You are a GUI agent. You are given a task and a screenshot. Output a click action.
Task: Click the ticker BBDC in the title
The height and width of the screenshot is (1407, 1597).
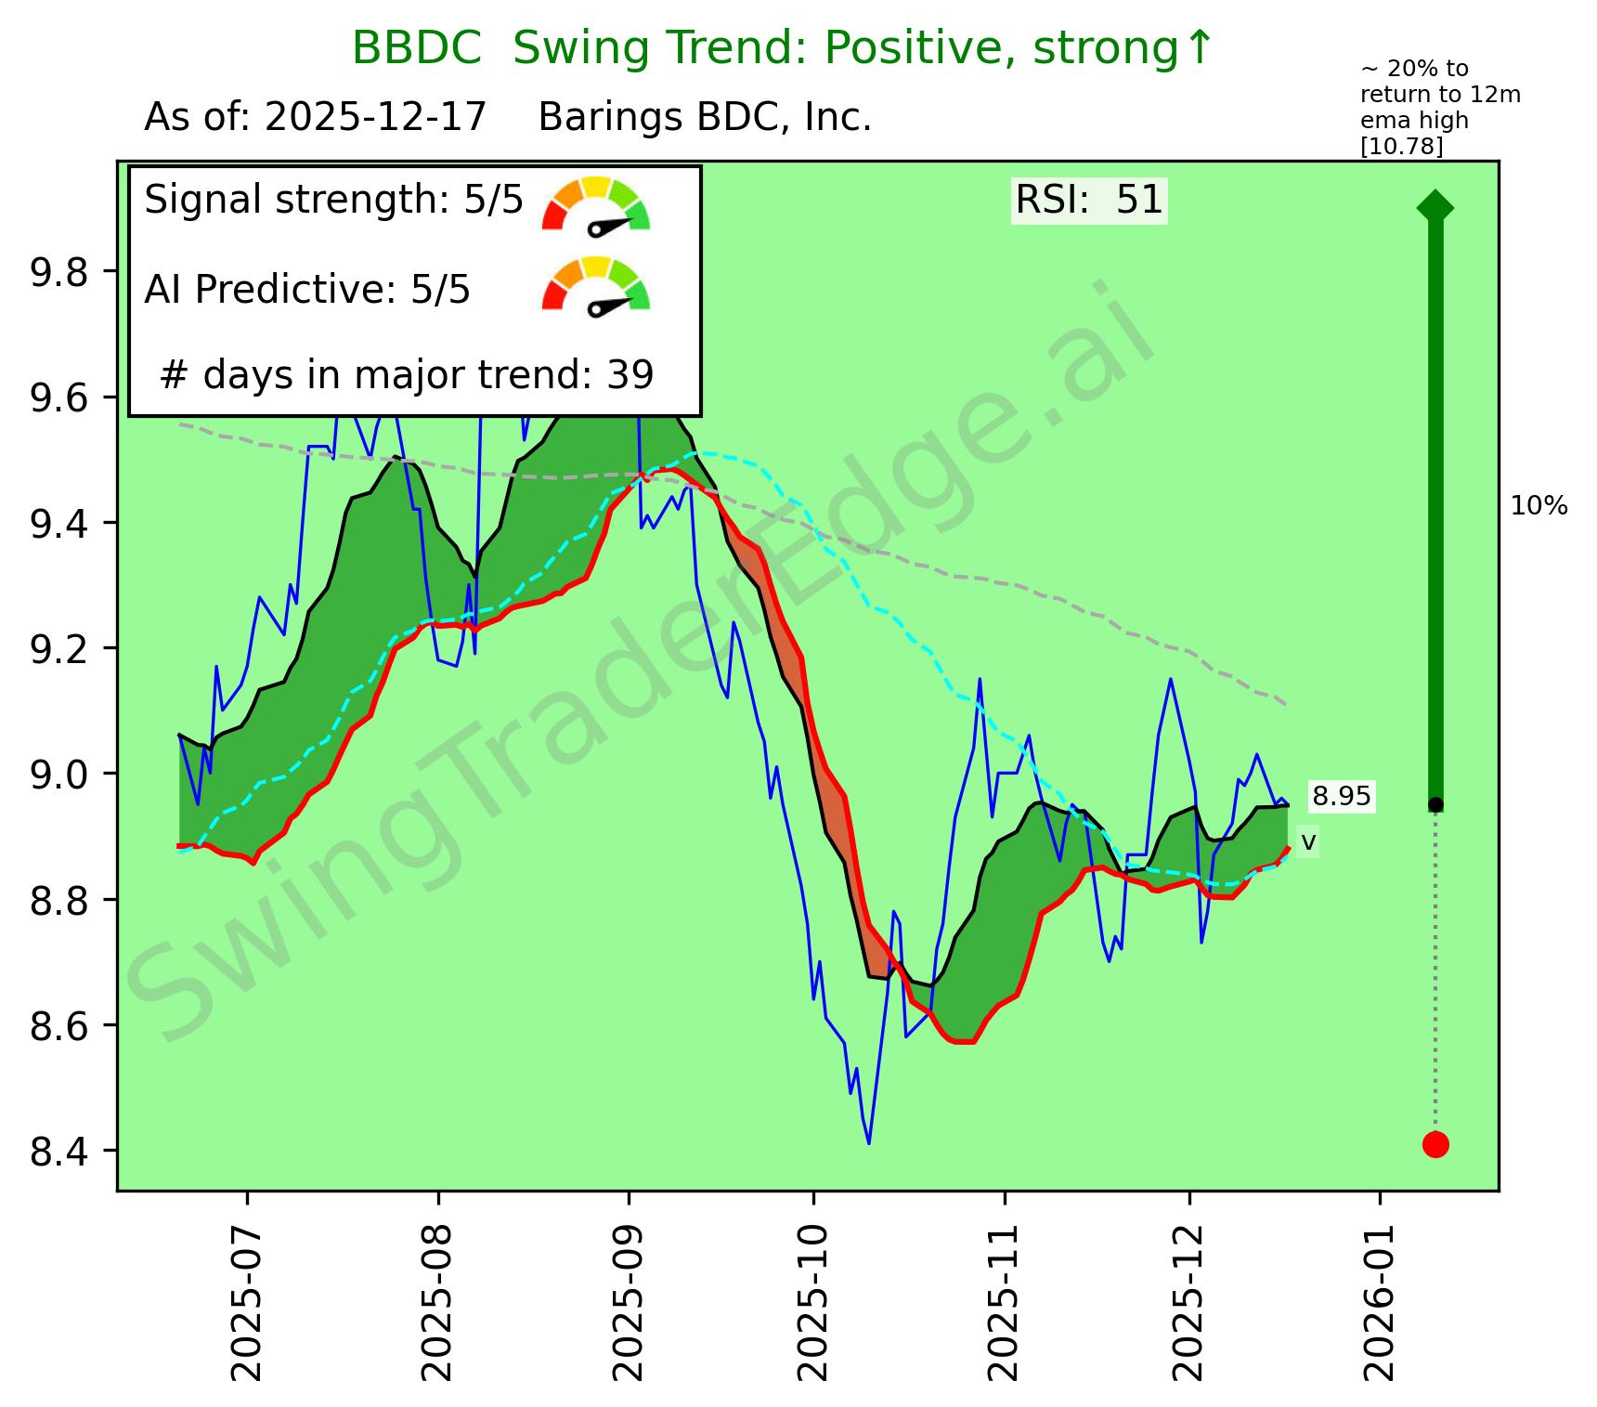pyautogui.click(x=417, y=48)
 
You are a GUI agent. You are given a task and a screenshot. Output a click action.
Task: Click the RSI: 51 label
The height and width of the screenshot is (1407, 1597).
pyautogui.click(x=1089, y=201)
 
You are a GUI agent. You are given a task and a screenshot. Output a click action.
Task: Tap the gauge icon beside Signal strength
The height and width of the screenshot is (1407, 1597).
pyautogui.click(x=596, y=203)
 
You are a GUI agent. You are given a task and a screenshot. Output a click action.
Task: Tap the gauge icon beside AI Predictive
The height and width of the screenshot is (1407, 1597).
pyautogui.click(x=596, y=284)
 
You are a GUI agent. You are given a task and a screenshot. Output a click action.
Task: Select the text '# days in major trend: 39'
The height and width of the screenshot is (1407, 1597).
pyautogui.click(x=407, y=375)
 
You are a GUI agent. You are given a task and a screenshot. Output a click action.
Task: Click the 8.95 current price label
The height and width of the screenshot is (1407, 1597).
pyautogui.click(x=1341, y=797)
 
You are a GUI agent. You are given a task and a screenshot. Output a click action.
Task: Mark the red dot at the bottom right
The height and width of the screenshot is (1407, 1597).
pyautogui.click(x=1435, y=1145)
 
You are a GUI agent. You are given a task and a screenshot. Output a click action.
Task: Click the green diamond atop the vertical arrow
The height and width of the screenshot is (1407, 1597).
pyautogui.click(x=1435, y=206)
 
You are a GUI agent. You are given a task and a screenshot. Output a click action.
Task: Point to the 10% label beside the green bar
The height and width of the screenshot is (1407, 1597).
pyautogui.click(x=1539, y=507)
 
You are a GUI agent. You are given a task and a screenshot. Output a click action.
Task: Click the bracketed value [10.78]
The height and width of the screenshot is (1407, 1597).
pyautogui.click(x=1402, y=146)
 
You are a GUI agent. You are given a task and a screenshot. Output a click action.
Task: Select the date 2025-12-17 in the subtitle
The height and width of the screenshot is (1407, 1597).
pyautogui.click(x=375, y=118)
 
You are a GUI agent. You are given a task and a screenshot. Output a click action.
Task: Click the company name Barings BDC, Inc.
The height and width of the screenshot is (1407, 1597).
pyautogui.click(x=705, y=118)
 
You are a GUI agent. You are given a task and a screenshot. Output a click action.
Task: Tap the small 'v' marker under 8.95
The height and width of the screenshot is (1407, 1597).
pyautogui.click(x=1308, y=841)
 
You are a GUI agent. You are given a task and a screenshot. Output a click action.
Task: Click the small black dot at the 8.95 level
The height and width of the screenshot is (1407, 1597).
pyautogui.click(x=1435, y=804)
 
